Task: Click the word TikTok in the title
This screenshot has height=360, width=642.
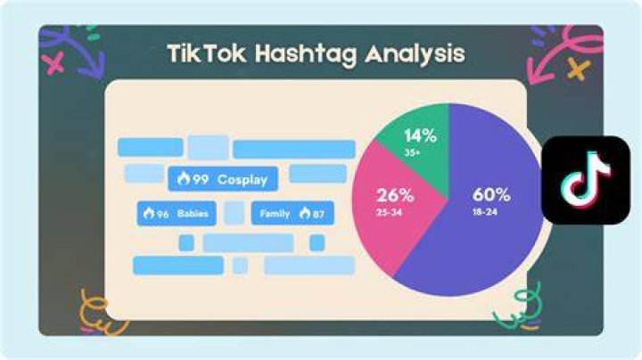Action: tap(207, 53)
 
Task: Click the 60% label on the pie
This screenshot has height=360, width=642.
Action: tap(491, 195)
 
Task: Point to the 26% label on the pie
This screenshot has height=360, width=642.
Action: tap(395, 195)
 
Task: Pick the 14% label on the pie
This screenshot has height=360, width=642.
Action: tap(421, 135)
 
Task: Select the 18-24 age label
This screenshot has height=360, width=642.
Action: tap(485, 212)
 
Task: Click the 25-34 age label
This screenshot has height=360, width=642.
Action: tap(389, 213)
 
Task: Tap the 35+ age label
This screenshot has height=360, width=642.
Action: tap(412, 153)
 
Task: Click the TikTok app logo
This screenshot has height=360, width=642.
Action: tap(586, 180)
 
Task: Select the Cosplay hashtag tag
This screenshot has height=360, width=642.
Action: tap(223, 179)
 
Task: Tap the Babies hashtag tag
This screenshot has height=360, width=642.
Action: tap(177, 213)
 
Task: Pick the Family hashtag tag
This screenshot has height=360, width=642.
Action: tap(292, 213)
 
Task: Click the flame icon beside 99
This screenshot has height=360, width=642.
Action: tap(184, 178)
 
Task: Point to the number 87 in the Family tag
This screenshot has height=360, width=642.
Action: tap(318, 214)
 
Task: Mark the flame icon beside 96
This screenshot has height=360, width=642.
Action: tap(149, 213)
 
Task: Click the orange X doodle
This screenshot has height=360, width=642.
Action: tap(579, 69)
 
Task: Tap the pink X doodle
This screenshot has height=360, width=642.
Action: tap(55, 63)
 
